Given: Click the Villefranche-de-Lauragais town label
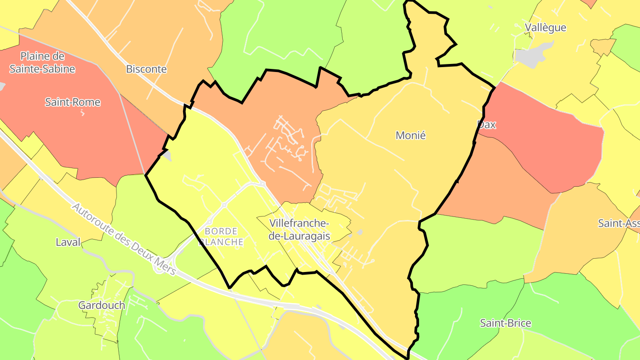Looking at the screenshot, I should click(299, 229).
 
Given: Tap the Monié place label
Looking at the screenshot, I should click(410, 136).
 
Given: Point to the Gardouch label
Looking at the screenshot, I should click(101, 305).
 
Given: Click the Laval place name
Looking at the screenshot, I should click(68, 242).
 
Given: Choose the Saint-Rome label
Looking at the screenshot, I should click(72, 102).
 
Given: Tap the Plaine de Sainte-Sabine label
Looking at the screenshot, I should click(42, 63).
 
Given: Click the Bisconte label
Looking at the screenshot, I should click(146, 69).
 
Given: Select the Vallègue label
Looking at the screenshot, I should click(545, 28).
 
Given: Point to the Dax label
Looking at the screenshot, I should click(486, 124).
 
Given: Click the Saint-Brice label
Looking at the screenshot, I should click(505, 323).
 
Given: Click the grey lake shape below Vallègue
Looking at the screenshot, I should click(533, 56).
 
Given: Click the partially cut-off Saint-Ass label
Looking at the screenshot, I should click(618, 223).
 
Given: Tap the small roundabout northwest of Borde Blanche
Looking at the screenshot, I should click(224, 205).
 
